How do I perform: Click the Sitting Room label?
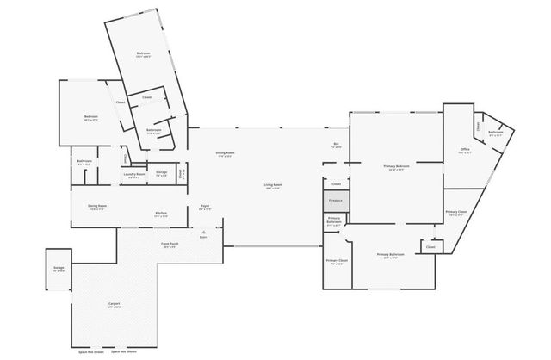(x=226, y=154)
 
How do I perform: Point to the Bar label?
(x=336, y=145)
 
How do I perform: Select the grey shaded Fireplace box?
(x=336, y=201)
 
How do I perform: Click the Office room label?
(x=464, y=151)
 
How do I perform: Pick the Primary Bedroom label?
(x=396, y=167)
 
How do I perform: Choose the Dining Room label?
(x=97, y=207)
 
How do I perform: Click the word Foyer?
(x=206, y=207)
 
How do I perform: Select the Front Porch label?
(x=170, y=245)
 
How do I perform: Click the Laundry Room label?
(x=134, y=176)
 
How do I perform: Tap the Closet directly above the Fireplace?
(x=336, y=183)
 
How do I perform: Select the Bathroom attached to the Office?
(x=496, y=133)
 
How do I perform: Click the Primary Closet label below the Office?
(x=456, y=213)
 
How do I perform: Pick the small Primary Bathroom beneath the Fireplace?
(x=335, y=220)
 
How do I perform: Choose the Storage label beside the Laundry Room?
(x=161, y=173)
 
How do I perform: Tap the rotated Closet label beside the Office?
(x=479, y=127)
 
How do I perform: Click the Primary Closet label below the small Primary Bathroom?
(x=337, y=261)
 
